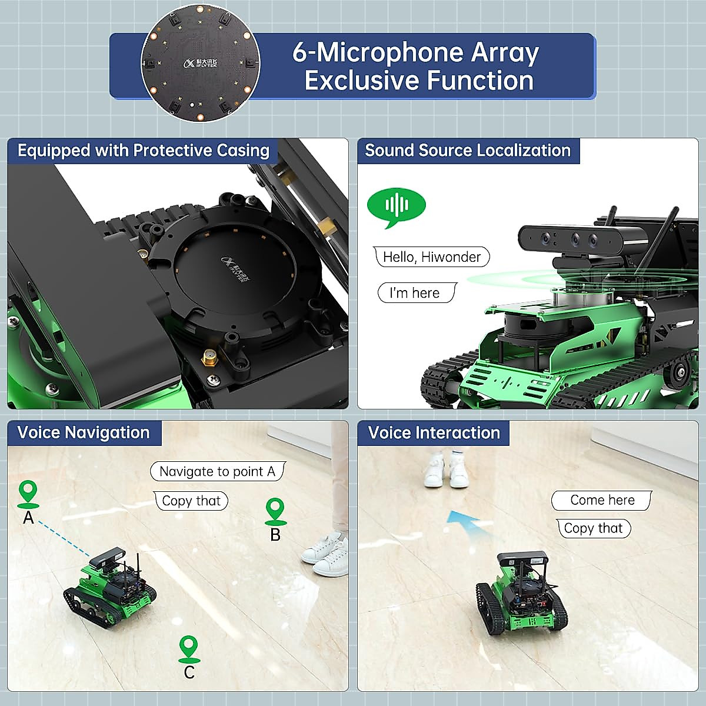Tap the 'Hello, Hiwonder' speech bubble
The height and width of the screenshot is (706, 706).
click(x=431, y=257)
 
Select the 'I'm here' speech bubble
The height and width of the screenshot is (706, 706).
click(x=415, y=293)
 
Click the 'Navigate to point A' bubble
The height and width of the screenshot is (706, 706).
click(x=217, y=471)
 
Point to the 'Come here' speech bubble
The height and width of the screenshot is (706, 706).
click(x=601, y=500)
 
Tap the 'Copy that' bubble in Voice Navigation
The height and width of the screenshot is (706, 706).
click(x=191, y=501)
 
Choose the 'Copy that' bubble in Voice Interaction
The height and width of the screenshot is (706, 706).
click(x=593, y=528)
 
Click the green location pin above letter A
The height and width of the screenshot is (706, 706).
click(x=28, y=493)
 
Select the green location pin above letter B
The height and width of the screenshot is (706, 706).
click(x=275, y=511)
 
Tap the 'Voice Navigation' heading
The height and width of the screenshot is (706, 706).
click(x=84, y=433)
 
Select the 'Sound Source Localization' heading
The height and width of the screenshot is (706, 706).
click(x=468, y=151)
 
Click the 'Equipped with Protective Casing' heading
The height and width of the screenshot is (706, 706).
click(x=143, y=151)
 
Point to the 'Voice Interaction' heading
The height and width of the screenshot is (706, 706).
click(x=434, y=433)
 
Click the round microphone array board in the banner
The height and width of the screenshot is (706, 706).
click(x=200, y=62)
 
